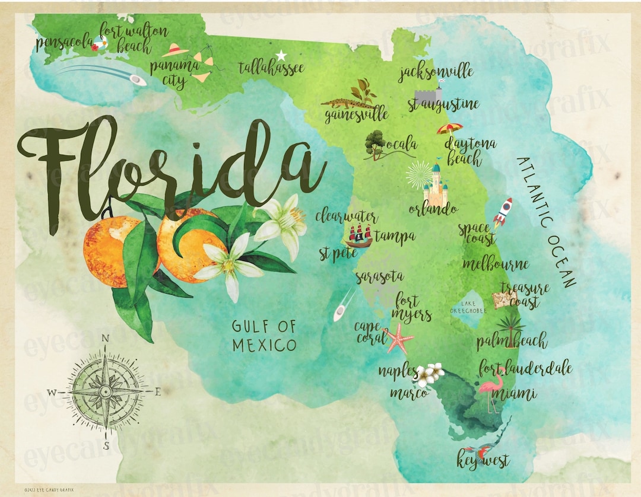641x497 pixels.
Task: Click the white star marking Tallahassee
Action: pyautogui.click(x=281, y=55)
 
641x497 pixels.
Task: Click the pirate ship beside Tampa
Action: pyautogui.click(x=358, y=236)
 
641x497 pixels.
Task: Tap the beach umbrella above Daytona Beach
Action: pyautogui.click(x=450, y=128)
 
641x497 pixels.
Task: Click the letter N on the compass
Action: pyautogui.click(x=106, y=339)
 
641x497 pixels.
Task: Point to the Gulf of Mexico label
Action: pyautogui.click(x=264, y=336)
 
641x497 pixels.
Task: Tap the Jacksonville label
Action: pyautogui.click(x=436, y=72)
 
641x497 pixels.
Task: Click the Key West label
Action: pyautogui.click(x=483, y=460)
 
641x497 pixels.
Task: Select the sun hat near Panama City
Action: pyautogui.click(x=175, y=50)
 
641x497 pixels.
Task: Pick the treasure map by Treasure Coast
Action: pyautogui.click(x=504, y=299)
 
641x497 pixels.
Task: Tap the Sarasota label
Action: pyautogui.click(x=379, y=276)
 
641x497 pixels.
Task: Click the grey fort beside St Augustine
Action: pyautogui.click(x=429, y=95)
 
